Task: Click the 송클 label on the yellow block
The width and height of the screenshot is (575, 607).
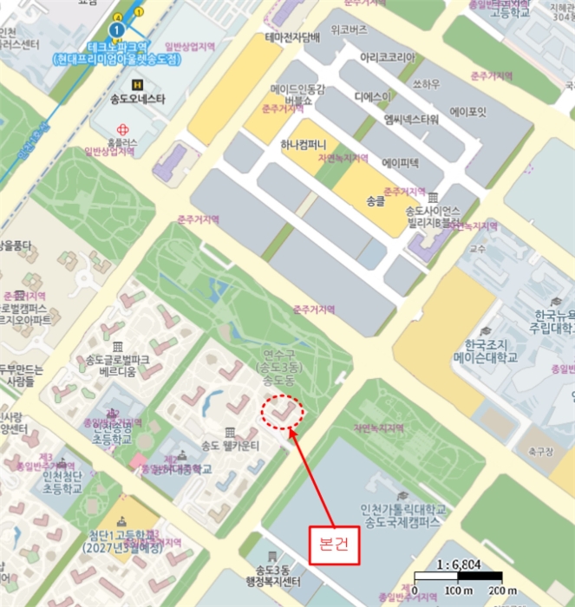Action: coord(375,200)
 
